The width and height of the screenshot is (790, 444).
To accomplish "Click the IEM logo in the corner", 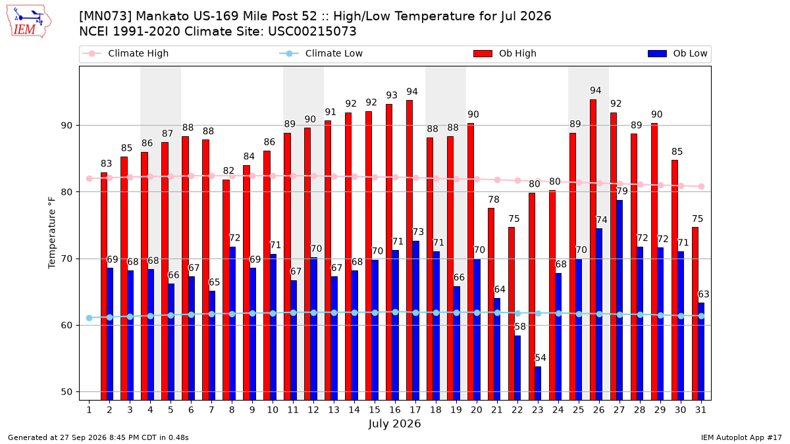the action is click(x=29, y=21).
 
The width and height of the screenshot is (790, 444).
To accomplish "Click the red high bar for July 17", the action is click(x=409, y=250).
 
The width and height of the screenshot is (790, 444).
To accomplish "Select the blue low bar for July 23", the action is click(x=538, y=383).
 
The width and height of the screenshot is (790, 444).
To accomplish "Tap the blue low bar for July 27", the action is click(x=619, y=300).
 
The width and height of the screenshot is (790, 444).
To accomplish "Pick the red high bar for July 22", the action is click(x=512, y=314).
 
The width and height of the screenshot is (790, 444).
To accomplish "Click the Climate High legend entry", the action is click(x=126, y=53).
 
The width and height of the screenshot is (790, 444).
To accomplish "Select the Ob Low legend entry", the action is click(x=677, y=53).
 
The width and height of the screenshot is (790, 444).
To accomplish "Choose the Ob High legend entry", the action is click(x=505, y=53).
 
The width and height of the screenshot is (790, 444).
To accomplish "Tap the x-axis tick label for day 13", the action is click(x=334, y=410).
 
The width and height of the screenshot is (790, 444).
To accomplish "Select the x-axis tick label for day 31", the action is click(x=700, y=410).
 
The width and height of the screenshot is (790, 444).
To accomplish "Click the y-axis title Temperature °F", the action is click(x=52, y=233).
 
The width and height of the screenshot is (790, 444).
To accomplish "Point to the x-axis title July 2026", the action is click(x=394, y=424).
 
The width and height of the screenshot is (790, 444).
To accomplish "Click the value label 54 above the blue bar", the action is click(x=540, y=358).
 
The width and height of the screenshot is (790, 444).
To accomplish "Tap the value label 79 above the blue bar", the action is click(x=622, y=191).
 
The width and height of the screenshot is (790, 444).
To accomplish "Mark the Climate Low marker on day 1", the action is click(x=90, y=318).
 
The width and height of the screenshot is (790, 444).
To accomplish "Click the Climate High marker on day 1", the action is click(x=90, y=179).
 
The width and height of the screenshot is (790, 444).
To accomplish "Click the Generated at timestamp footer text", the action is click(x=98, y=437).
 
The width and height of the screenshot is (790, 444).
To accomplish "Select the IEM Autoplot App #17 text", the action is click(x=741, y=437).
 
